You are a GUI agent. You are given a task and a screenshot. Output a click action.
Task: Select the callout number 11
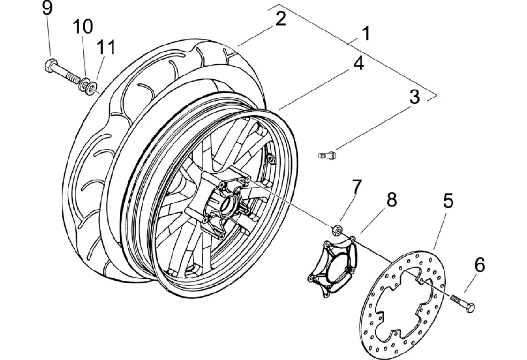pyautogui.click(x=106, y=47)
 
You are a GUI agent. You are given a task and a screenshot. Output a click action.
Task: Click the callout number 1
pyautogui.click(x=366, y=34)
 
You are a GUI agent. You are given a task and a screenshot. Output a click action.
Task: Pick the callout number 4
pyautogui.click(x=359, y=63)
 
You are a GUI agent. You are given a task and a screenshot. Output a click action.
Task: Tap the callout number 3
pyautogui.click(x=414, y=97)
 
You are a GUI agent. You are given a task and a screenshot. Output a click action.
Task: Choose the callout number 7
pyautogui.click(x=357, y=187)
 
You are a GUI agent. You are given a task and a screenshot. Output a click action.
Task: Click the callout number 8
pyautogui.click(x=391, y=200)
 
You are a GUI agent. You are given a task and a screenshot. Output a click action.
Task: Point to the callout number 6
pyautogui.click(x=480, y=265)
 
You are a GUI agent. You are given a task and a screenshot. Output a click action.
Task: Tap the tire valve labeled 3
pyautogui.click(x=327, y=155)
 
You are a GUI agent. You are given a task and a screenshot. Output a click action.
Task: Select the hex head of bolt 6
pyautogui.click(x=470, y=307)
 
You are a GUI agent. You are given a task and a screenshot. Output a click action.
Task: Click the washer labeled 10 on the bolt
pyautogui.click(x=83, y=84)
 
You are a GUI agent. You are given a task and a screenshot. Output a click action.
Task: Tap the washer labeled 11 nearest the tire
pyautogui.click(x=91, y=88)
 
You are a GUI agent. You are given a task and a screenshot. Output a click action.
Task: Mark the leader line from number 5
pyautogui.click(x=440, y=229)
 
